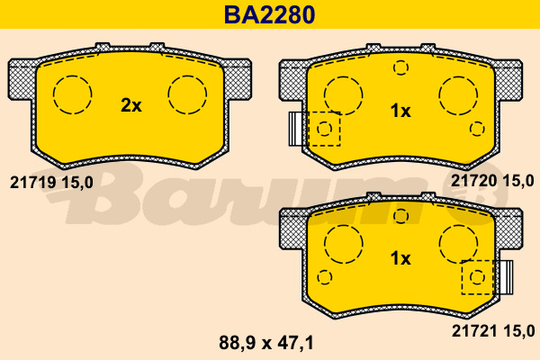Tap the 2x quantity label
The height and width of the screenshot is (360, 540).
131,105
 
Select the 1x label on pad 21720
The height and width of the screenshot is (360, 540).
400,111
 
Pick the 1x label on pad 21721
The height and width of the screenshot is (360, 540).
400,258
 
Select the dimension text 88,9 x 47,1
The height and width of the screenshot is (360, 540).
269,342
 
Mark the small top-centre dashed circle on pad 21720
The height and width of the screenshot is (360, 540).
400,67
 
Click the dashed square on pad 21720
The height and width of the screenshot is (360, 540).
325,129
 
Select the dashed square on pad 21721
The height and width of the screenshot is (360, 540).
477,277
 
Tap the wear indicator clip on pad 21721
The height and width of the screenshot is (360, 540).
507,276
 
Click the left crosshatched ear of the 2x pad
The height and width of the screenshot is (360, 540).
22,81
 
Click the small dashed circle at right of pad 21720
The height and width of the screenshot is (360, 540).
477,129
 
